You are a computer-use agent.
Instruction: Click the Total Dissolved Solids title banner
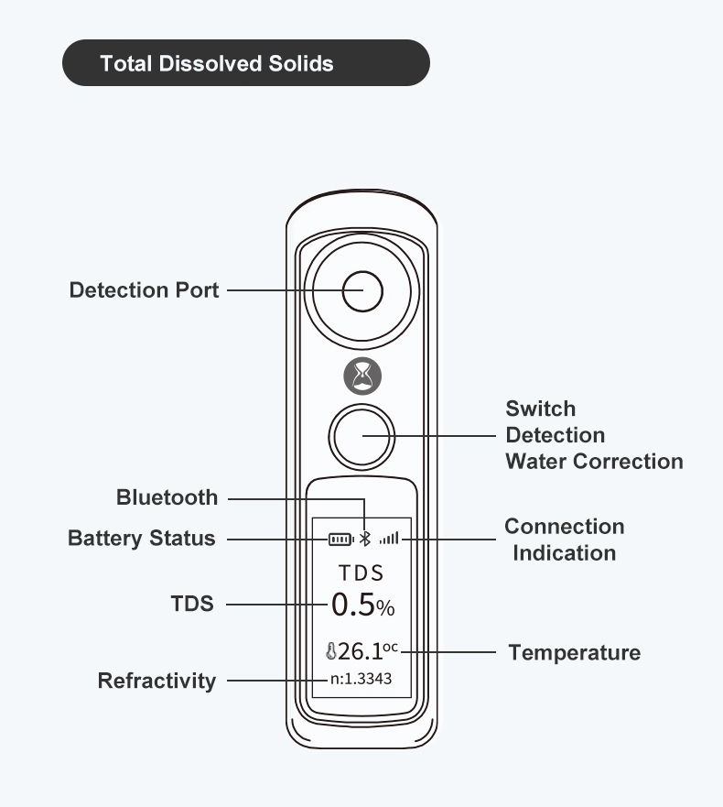pyautogui.click(x=245, y=63)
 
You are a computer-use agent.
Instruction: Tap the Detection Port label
pyautogui.click(x=145, y=290)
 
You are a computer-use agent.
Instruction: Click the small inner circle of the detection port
pyautogui.click(x=362, y=291)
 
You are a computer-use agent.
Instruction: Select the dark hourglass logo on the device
pyautogui.click(x=362, y=376)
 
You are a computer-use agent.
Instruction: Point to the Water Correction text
pyautogui.click(x=594, y=461)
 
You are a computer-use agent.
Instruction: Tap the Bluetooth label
pyautogui.click(x=167, y=497)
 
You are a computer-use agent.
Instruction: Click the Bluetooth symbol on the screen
pyautogui.click(x=364, y=539)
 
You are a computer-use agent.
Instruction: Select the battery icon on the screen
pyautogui.click(x=341, y=539)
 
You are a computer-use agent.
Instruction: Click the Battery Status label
pyautogui.click(x=142, y=538)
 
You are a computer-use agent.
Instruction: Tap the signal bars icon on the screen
pyautogui.click(x=389, y=539)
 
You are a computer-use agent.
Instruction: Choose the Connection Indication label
pyautogui.click(x=565, y=540)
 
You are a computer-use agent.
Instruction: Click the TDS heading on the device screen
pyautogui.click(x=361, y=573)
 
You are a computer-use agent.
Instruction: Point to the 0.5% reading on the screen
pyautogui.click(x=362, y=605)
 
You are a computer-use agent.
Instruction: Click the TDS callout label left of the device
pyautogui.click(x=192, y=604)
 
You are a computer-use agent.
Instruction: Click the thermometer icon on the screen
pyautogui.click(x=330, y=652)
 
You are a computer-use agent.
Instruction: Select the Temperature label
pyautogui.click(x=574, y=652)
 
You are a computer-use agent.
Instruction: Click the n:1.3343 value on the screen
pyautogui.click(x=361, y=680)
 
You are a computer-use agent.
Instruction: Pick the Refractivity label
pyautogui.click(x=157, y=681)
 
